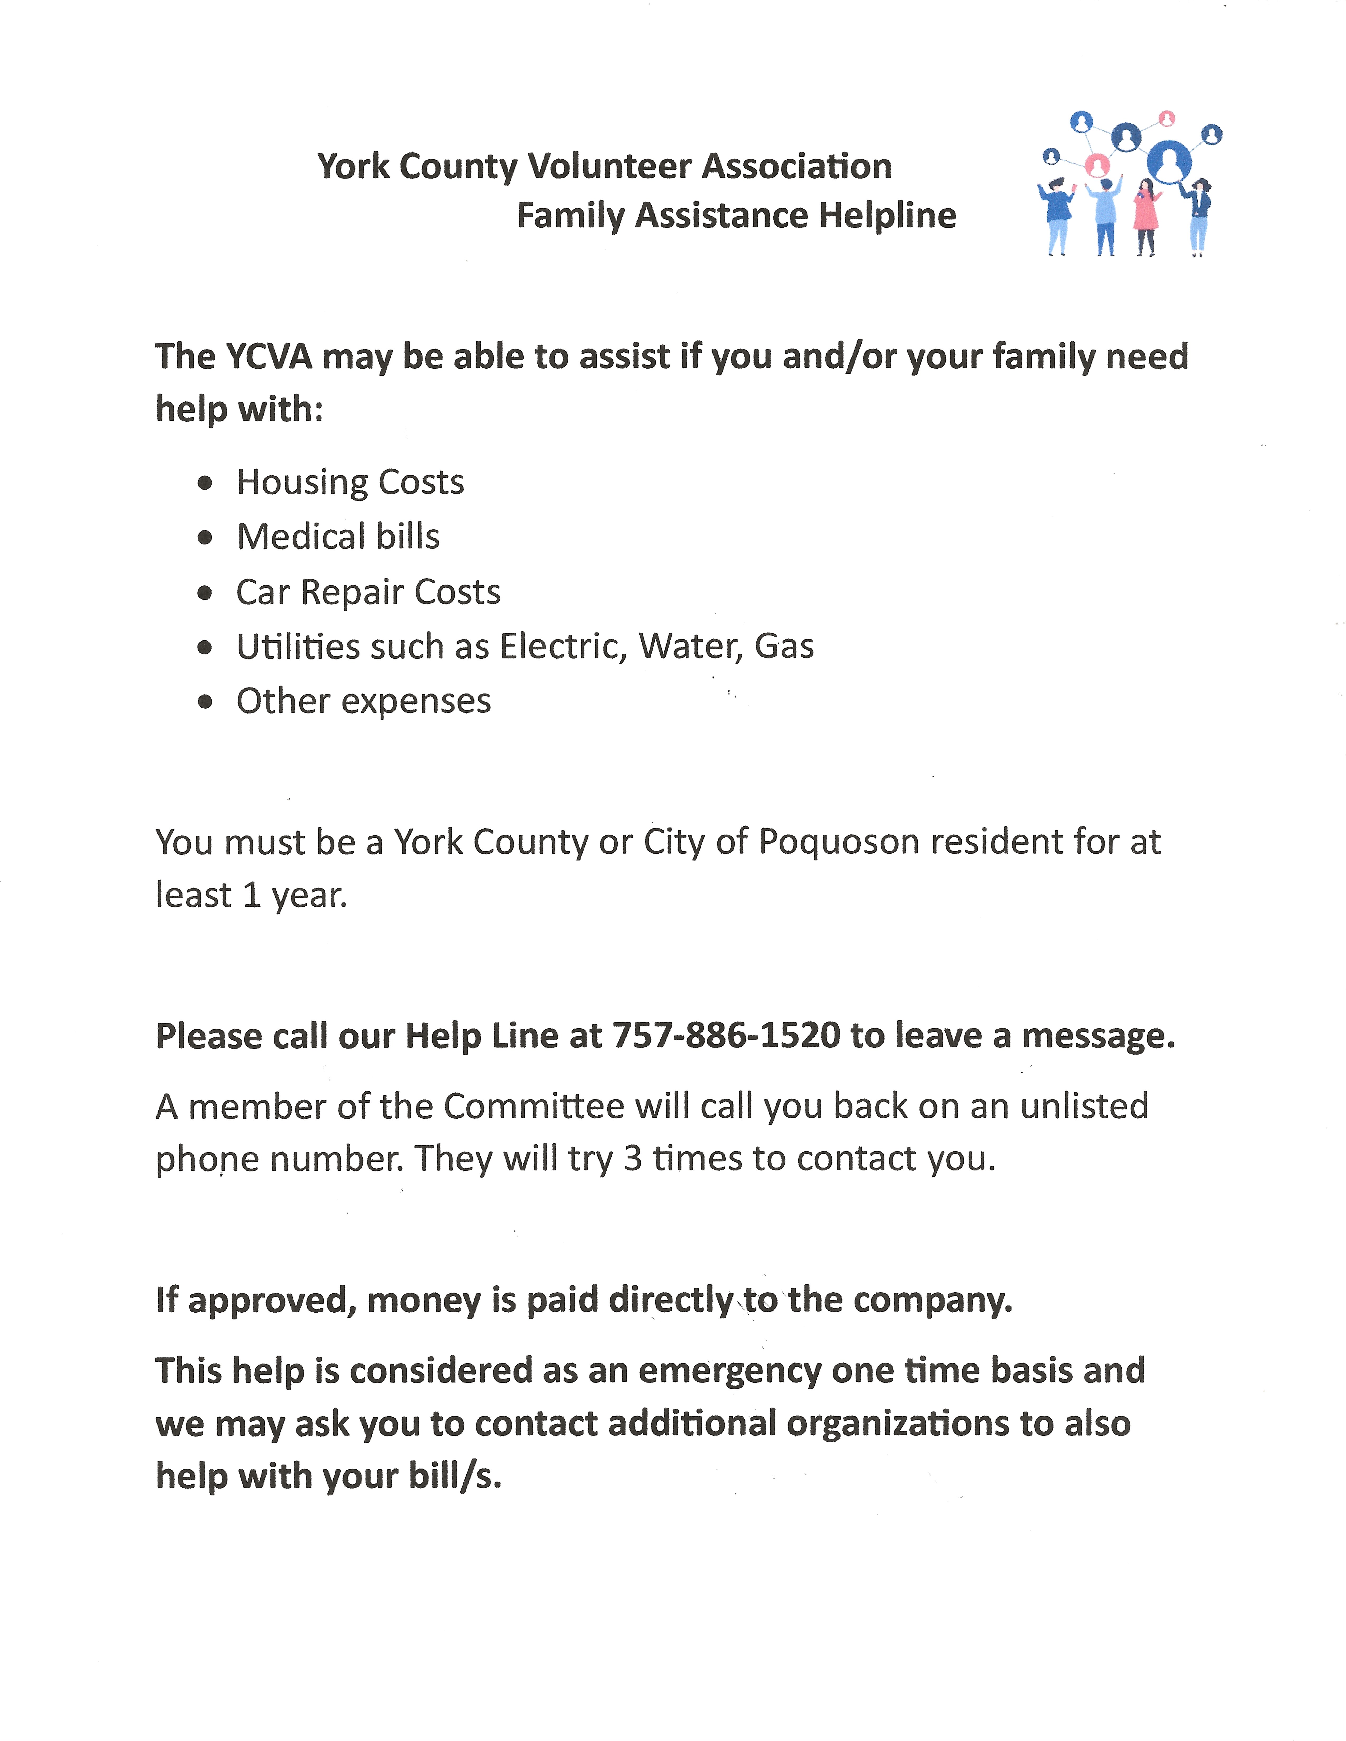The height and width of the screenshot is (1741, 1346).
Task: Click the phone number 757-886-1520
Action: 726,1036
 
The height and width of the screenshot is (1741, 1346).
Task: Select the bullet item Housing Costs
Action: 350,482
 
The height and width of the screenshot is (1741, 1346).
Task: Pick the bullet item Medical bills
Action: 338,537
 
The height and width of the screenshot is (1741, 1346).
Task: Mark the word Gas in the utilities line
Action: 784,647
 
